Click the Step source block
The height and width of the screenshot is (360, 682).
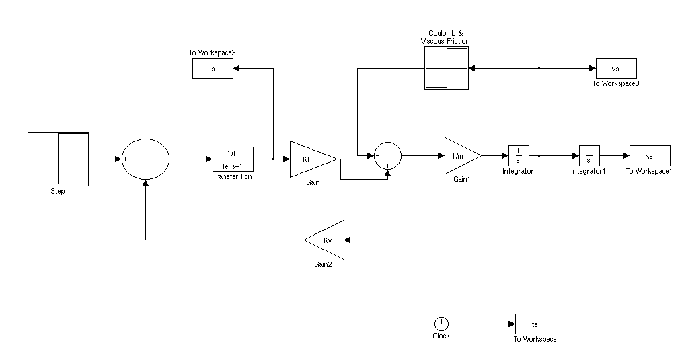[58, 159]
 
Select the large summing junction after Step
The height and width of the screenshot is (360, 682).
[146, 159]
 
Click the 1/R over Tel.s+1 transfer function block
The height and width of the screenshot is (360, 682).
[233, 159]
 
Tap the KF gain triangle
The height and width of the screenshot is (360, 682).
[311, 159]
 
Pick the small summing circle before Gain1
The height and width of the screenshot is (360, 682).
[387, 155]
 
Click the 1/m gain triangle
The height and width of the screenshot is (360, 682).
[461, 156]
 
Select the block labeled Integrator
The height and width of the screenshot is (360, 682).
[519, 155]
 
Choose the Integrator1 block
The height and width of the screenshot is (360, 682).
[589, 155]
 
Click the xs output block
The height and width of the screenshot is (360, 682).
[649, 155]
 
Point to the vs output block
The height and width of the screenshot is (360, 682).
[615, 68]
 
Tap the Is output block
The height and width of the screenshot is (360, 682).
[213, 68]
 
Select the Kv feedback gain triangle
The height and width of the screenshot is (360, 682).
[326, 240]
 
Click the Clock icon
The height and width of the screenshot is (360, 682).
[441, 324]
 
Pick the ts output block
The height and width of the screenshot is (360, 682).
[535, 324]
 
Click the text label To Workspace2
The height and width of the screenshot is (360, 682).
[212, 52]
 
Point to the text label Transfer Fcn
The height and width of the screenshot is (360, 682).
[233, 177]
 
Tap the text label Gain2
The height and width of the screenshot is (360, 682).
[324, 265]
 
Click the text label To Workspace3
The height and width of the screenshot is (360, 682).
[615, 84]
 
